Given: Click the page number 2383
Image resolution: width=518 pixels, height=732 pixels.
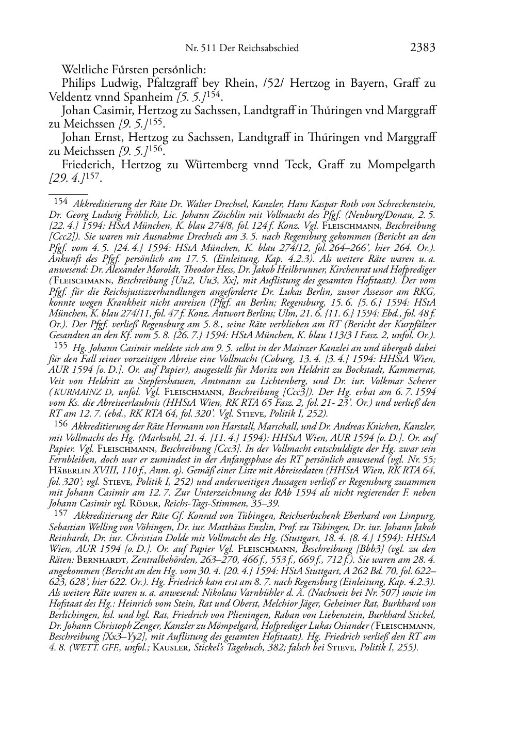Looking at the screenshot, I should (423, 48).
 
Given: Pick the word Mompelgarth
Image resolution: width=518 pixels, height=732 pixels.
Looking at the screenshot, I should (401, 165).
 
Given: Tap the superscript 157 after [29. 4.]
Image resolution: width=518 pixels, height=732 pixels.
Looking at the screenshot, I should (92, 177).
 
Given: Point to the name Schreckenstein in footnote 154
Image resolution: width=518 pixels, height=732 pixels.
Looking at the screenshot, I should (405, 203).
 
